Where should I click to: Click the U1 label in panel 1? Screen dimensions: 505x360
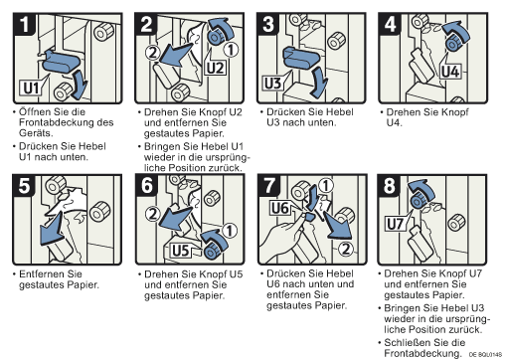(31, 88)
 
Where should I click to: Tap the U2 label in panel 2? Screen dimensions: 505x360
(216, 68)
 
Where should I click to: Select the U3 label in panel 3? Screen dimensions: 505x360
(272, 84)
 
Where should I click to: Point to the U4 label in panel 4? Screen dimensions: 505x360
(450, 72)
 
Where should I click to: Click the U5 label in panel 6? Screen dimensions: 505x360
(181, 251)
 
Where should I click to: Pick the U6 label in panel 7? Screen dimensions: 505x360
(280, 208)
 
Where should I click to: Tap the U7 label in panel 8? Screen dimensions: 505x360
(395, 224)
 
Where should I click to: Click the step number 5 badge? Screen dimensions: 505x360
(24, 186)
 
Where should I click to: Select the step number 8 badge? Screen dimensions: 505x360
(389, 186)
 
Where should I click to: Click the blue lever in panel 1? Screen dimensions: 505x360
(61, 62)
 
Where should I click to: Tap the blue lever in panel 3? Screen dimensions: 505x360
(301, 58)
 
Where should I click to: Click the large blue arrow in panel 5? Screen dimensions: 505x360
(52, 230)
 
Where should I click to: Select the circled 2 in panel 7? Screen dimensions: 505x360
(346, 249)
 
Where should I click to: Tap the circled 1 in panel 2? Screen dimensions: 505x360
(231, 50)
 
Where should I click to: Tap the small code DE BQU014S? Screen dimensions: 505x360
(485, 354)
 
